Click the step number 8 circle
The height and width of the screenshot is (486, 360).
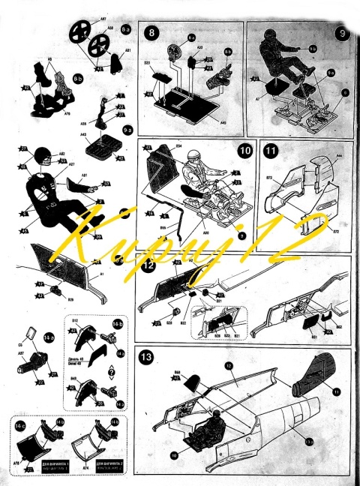(152, 33)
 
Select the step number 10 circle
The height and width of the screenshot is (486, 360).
(244, 150)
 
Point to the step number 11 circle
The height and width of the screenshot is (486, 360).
(269, 150)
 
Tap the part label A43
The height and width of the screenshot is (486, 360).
(84, 136)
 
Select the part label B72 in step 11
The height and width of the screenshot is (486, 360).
(269, 178)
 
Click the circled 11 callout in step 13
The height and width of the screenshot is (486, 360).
(337, 391)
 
